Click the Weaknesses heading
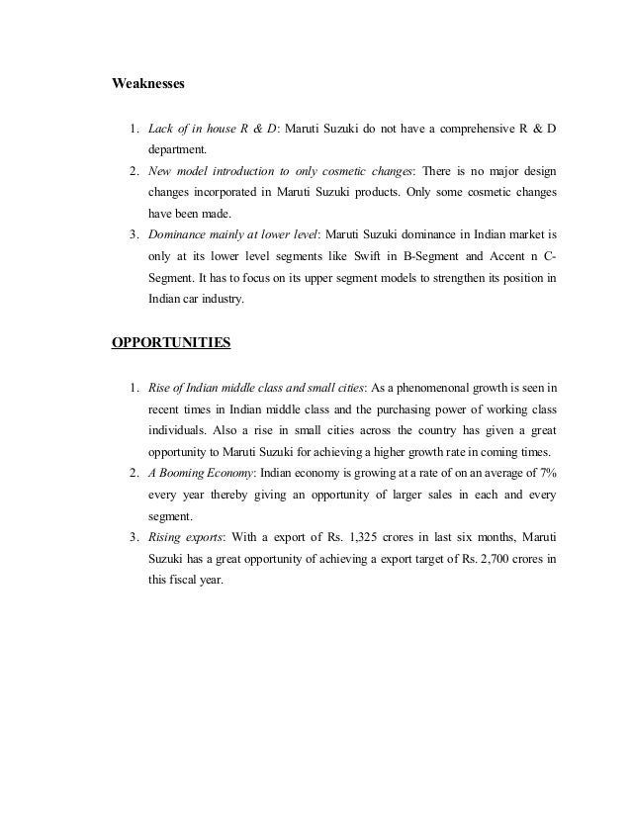tap(147, 83)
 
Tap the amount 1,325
tap(376, 536)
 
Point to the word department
tap(179, 151)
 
